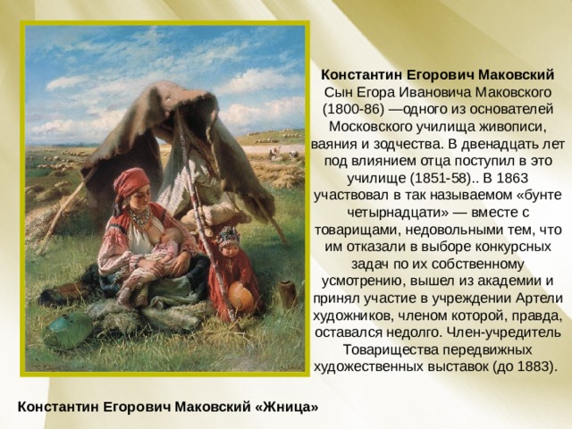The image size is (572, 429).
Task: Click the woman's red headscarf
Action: point(130,184)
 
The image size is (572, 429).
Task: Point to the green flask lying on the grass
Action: point(68,330)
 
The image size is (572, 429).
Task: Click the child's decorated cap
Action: point(228,237)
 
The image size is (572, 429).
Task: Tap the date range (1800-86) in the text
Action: point(356,110)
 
